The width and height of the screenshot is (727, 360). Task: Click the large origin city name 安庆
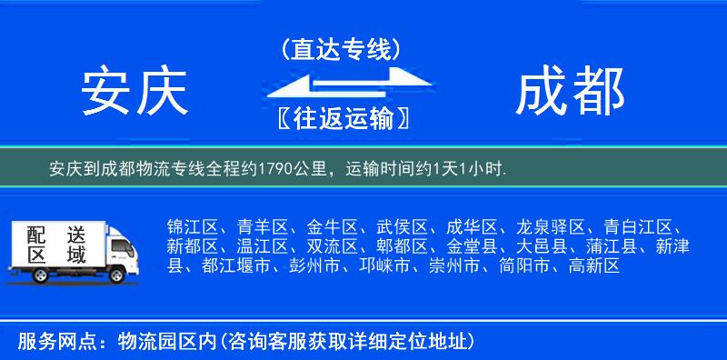point(134,92)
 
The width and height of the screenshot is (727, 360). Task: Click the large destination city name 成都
point(570,92)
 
